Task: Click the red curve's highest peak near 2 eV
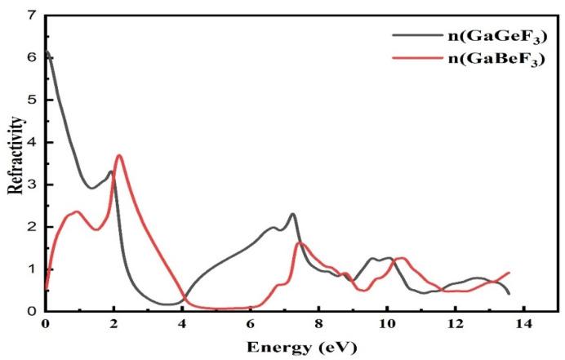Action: click(119, 155)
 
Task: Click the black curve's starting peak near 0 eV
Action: click(47, 53)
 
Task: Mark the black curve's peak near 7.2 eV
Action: click(291, 214)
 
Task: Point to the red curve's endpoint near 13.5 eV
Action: click(509, 273)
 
